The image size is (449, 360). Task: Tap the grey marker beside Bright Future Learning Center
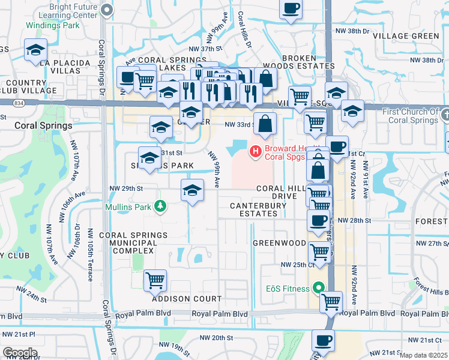click(x=107, y=9)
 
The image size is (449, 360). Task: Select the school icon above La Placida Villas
click(x=35, y=50)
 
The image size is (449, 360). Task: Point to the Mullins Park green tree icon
click(x=160, y=206)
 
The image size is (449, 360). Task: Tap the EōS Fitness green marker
click(x=318, y=287)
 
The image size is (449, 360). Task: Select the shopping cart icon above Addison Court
click(x=155, y=280)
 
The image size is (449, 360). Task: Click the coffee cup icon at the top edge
click(x=291, y=9)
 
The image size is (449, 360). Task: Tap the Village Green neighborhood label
click(x=406, y=36)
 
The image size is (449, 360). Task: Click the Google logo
click(x=20, y=352)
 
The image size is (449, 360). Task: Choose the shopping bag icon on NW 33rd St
click(x=265, y=124)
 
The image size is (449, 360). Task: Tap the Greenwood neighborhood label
click(x=279, y=243)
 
